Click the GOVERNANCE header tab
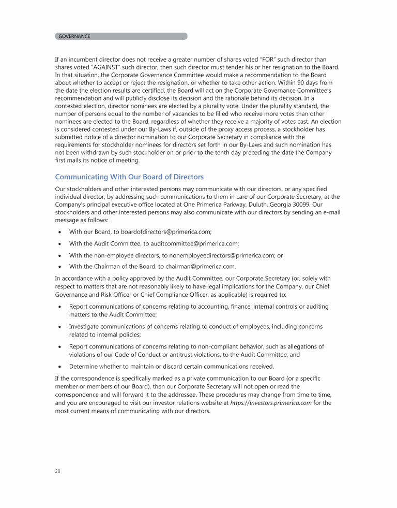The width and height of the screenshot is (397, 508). tap(74, 36)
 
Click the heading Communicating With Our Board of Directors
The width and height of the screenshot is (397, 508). tap(129, 177)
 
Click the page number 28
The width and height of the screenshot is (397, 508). tap(58, 471)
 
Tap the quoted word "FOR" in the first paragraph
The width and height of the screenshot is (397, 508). tap(254, 60)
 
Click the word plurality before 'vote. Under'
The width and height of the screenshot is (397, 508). tap(213, 106)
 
